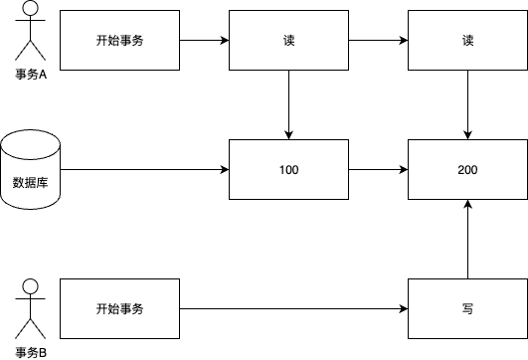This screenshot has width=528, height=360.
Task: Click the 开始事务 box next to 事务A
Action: click(119, 41)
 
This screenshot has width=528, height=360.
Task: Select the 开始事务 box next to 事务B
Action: click(119, 309)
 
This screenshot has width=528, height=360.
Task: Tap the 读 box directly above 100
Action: click(288, 41)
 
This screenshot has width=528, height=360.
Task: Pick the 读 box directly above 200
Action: click(467, 41)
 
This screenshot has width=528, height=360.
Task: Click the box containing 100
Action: click(288, 170)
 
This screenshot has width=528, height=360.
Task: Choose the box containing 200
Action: click(467, 170)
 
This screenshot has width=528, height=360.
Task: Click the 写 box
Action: click(467, 309)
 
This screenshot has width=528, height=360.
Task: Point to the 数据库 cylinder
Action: click(31, 170)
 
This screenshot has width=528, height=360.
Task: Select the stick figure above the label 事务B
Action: click(31, 303)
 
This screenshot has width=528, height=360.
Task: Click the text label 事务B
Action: click(31, 351)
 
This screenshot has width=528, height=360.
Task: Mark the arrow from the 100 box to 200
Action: click(378, 170)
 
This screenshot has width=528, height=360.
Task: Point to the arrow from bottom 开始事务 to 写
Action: click(293, 309)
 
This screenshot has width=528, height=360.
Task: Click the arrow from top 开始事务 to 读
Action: click(204, 41)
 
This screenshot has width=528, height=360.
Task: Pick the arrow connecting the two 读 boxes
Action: click(378, 41)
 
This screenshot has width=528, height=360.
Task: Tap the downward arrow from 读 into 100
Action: click(288, 105)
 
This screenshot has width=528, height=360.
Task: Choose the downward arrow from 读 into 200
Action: click(467, 105)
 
